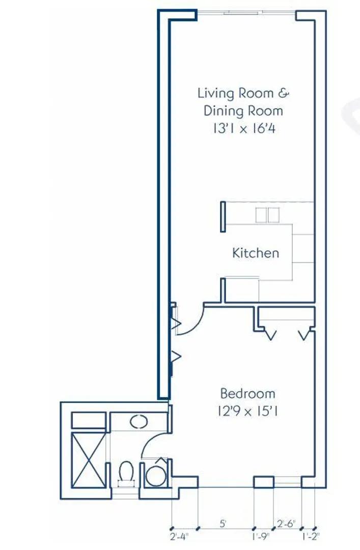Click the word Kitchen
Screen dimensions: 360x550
click(256, 253)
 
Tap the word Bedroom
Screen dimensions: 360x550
click(247, 393)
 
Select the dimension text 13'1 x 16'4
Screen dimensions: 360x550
click(244, 129)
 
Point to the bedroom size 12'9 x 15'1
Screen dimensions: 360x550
click(247, 411)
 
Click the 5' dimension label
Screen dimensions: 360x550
click(223, 524)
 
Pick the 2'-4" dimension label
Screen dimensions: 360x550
click(179, 536)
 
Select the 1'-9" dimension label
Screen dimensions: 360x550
click(260, 536)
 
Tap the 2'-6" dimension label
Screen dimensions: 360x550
click(286, 524)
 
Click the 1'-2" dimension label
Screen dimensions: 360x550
click(310, 536)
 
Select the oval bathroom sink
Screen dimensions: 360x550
click(139, 422)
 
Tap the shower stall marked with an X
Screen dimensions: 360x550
click(89, 460)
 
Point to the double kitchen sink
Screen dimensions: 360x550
click(267, 215)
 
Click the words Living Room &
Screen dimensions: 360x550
click(243, 93)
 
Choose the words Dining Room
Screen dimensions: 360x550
click(243, 111)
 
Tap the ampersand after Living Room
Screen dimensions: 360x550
click(284, 93)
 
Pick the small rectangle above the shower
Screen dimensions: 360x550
click(89, 420)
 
